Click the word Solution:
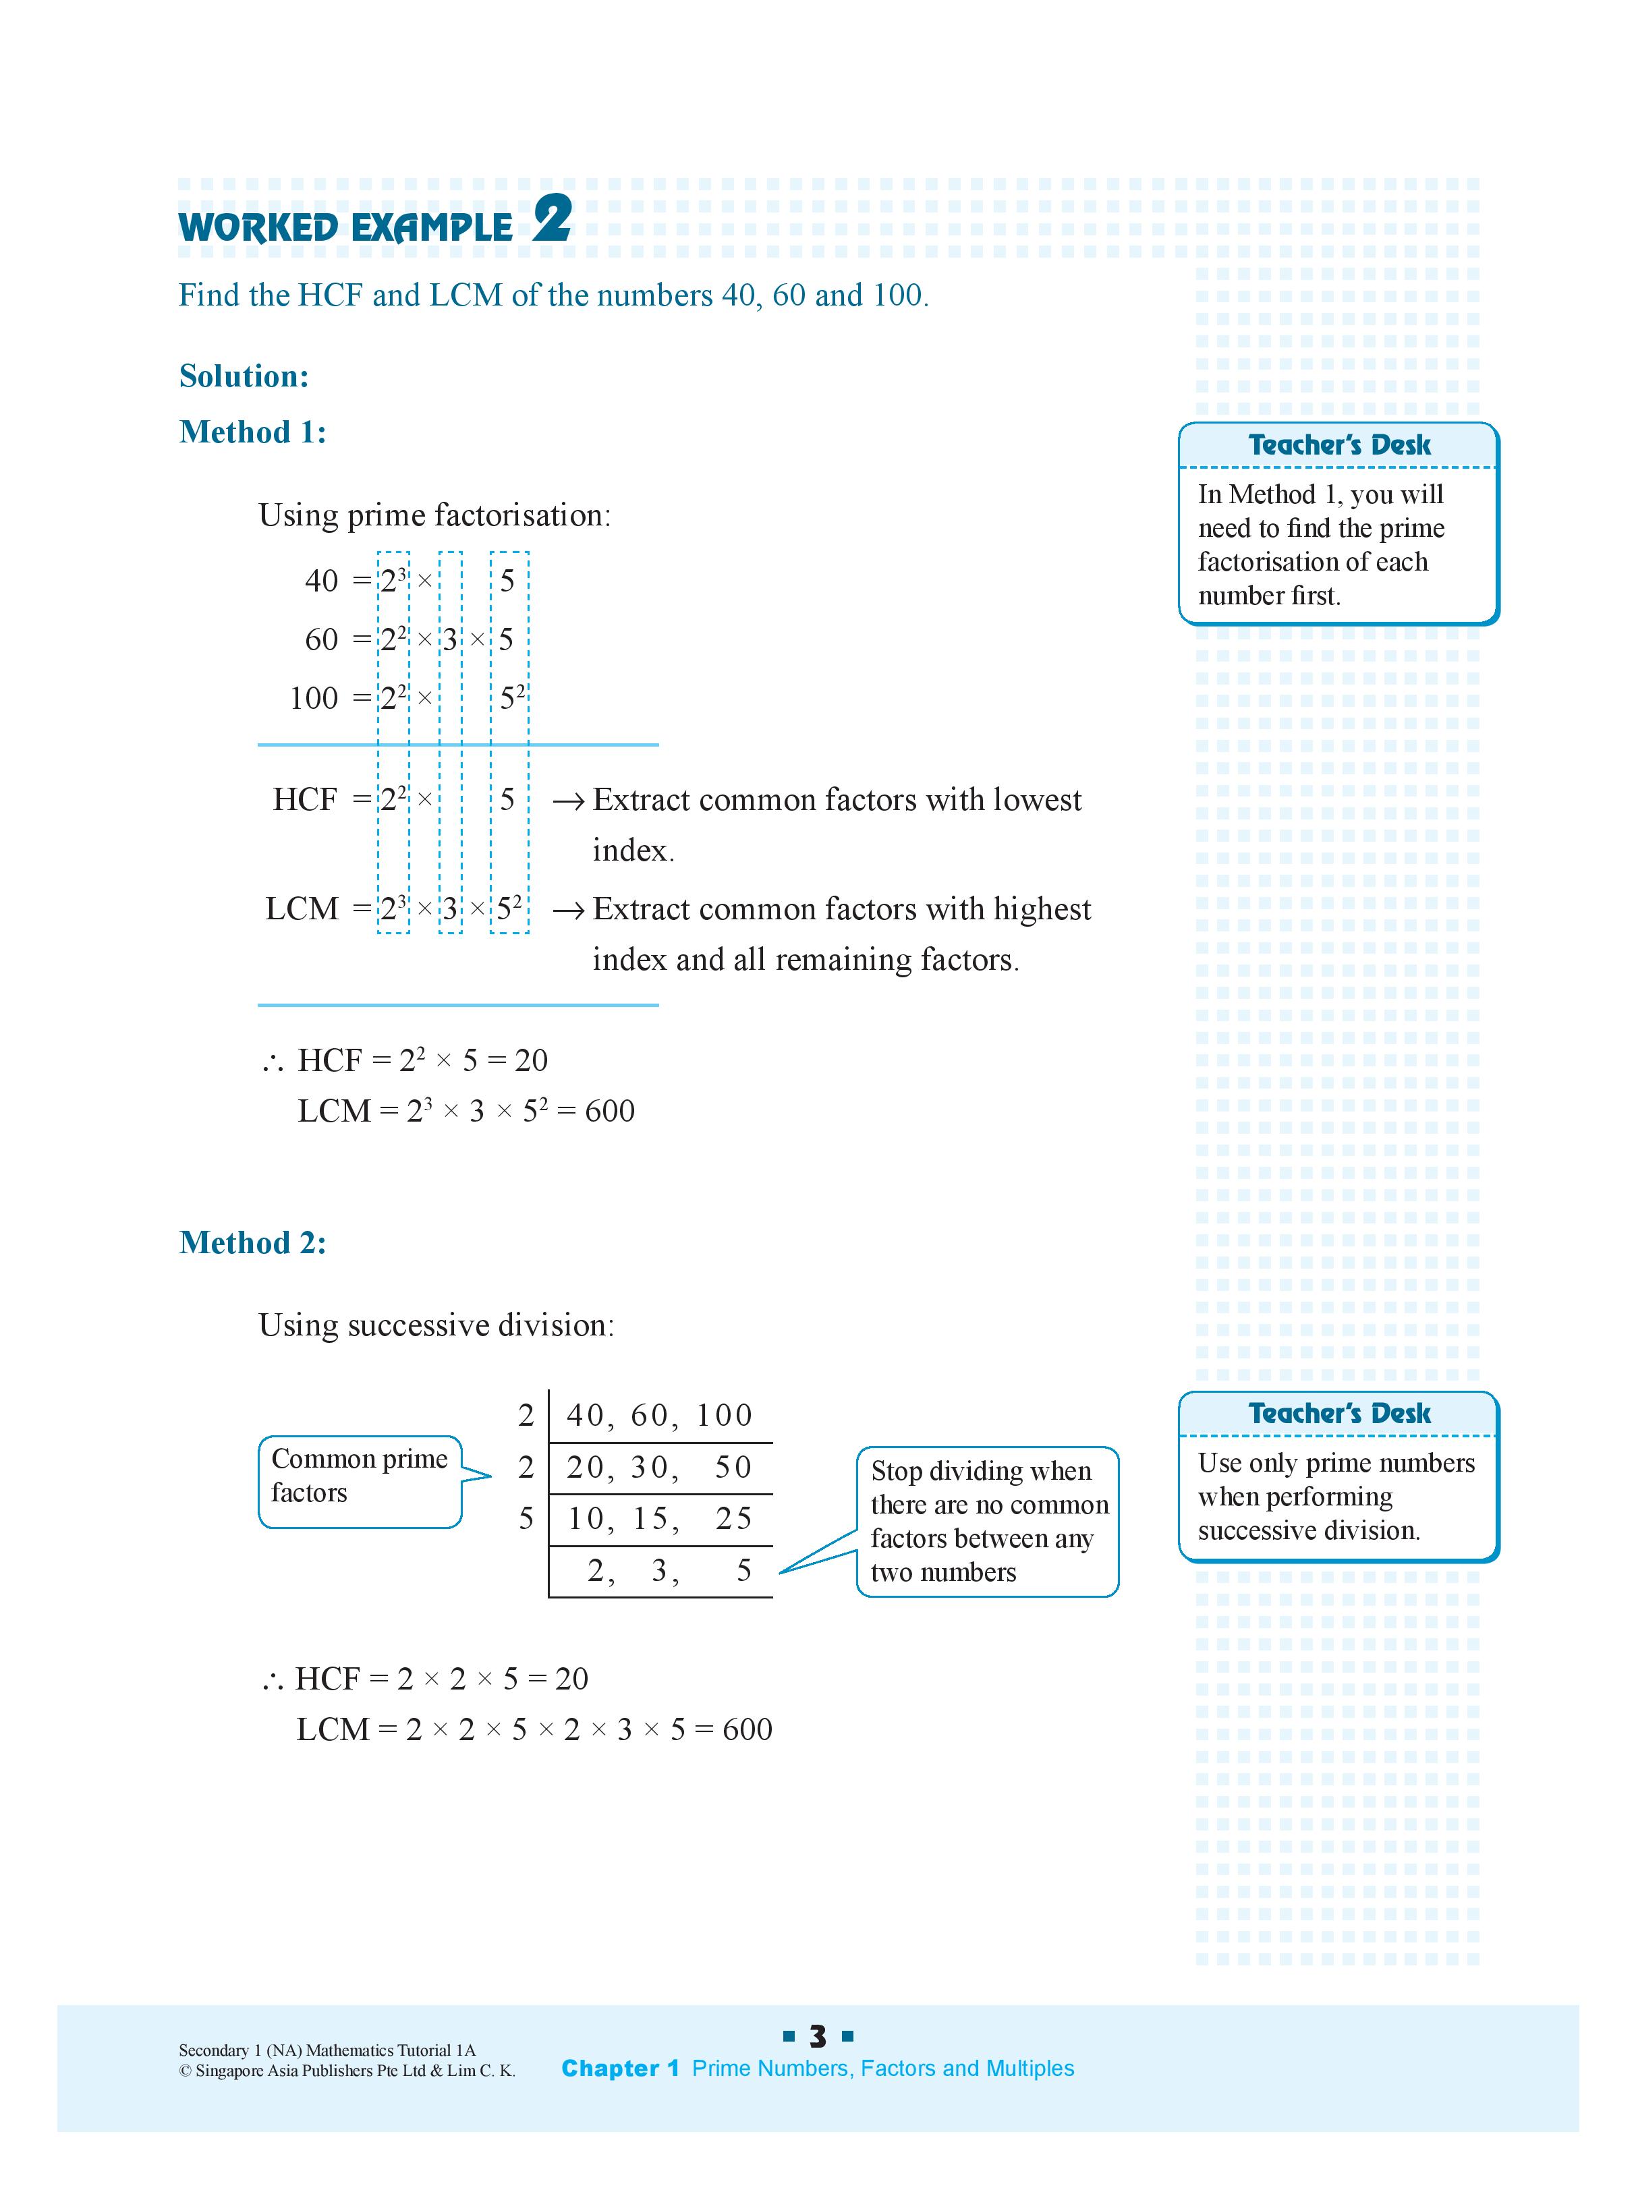244,376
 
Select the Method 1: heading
252,432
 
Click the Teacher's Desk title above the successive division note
1339,1413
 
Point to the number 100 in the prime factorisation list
313,698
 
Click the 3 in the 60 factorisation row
449,639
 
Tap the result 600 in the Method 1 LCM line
609,1111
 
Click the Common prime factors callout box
360,1481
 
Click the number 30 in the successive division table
650,1467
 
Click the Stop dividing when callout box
988,1521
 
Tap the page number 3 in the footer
818,2037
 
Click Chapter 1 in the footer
620,2069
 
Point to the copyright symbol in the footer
184,2070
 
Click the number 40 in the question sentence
738,295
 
